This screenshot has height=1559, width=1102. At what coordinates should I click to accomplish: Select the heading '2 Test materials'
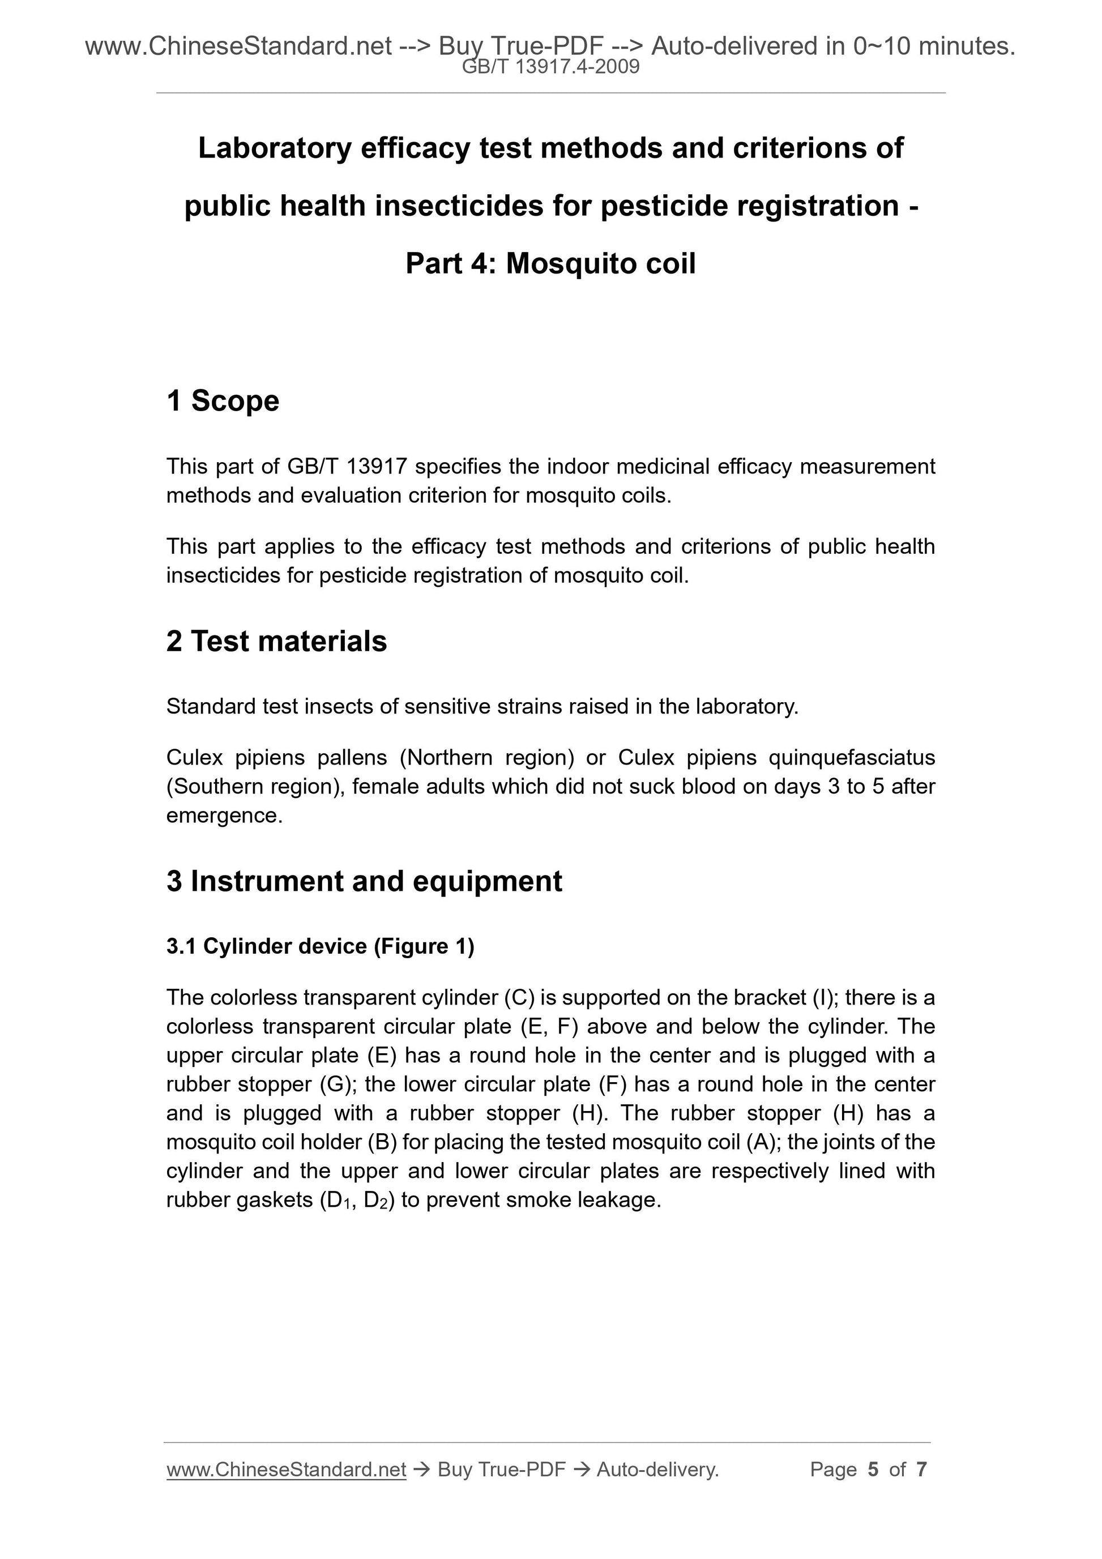click(x=276, y=641)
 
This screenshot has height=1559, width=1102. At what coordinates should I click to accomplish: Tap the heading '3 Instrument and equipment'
click(x=364, y=881)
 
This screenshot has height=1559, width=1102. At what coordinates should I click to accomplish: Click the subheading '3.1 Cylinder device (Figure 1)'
click(x=321, y=946)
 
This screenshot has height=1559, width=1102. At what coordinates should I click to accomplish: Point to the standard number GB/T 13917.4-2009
click(x=550, y=67)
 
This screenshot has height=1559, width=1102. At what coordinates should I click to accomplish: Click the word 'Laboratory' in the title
click(x=274, y=148)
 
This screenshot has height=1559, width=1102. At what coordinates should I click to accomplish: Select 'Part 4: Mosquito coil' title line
click(x=550, y=263)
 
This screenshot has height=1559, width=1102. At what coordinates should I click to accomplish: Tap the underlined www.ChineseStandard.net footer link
click(x=286, y=1470)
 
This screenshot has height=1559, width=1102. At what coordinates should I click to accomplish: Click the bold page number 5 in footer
click(x=873, y=1470)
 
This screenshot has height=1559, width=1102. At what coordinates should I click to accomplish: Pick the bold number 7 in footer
click(x=921, y=1470)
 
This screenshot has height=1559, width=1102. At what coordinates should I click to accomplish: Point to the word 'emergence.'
click(x=224, y=815)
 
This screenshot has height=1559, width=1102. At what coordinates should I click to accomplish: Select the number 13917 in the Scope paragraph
click(x=376, y=467)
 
